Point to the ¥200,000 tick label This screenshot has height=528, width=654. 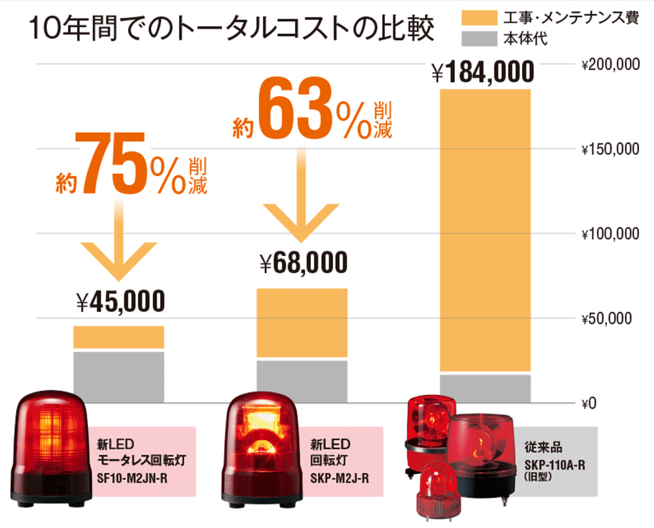click(x=610, y=65)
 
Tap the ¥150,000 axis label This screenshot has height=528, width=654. click(x=610, y=150)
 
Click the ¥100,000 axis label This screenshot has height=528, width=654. click(x=610, y=234)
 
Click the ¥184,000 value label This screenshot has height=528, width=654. click(x=483, y=73)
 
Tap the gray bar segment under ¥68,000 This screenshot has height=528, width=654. click(x=302, y=381)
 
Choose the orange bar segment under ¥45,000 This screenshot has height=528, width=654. click(x=119, y=337)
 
